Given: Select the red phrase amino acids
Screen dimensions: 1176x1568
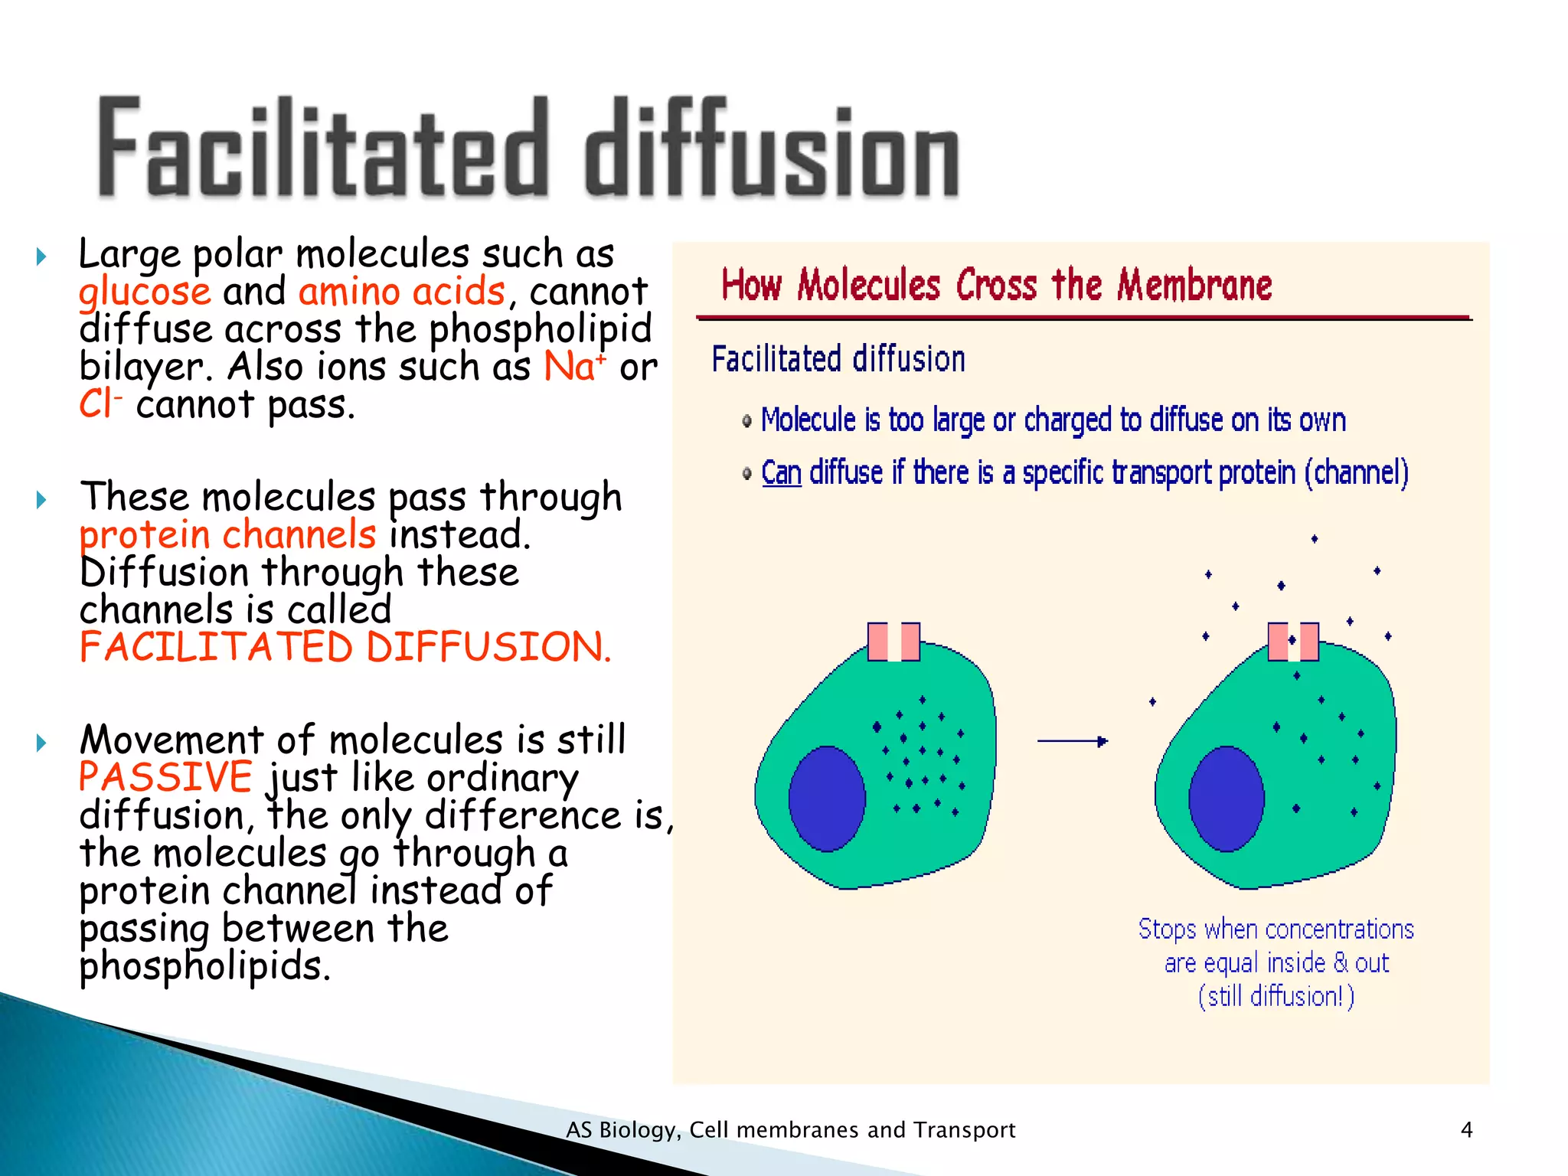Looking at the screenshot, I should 402,292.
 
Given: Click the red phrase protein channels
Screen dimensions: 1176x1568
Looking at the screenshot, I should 228,534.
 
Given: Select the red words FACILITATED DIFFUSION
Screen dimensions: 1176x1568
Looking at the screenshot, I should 345,647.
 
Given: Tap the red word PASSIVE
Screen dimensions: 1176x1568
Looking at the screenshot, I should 165,777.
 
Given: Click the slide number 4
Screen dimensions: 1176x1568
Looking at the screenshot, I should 1466,1129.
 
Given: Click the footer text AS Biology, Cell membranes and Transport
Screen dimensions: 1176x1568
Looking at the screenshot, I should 790,1130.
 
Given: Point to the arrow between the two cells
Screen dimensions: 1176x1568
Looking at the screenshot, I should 1072,741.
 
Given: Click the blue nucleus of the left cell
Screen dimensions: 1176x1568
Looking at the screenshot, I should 827,798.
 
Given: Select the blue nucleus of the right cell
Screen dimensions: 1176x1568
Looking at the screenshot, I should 1226,799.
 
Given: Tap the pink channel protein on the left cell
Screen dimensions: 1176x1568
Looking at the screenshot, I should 893,642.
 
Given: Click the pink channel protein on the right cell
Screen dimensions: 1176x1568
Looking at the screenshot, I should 1293,642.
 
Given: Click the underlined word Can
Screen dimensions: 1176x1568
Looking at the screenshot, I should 781,473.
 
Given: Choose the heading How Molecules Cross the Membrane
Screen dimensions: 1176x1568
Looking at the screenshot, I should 996,286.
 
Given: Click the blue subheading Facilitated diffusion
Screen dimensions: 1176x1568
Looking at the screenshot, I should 838,359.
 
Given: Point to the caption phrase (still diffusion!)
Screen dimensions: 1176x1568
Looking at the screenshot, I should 1276,996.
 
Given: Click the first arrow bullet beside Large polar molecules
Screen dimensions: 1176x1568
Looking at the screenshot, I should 42,256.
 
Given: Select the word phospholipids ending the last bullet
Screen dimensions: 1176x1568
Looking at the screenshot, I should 205,966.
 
